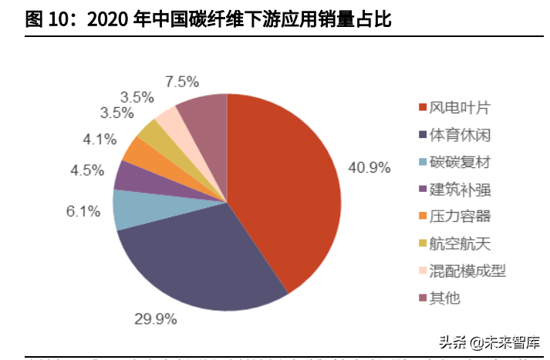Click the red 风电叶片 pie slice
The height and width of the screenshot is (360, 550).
(285, 185)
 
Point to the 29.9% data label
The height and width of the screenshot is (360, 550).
(156, 318)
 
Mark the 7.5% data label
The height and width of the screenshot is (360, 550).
(182, 82)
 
